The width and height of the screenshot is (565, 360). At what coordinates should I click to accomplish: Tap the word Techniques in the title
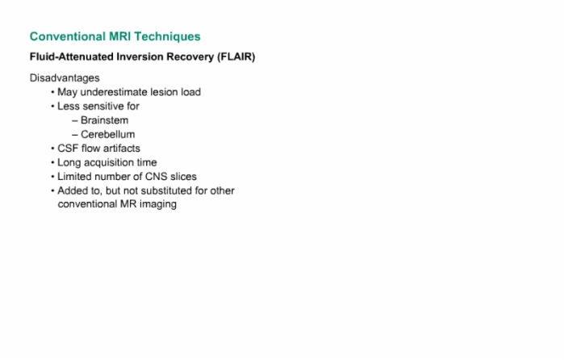point(167,37)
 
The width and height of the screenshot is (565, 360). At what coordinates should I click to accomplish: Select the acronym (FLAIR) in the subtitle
point(236,57)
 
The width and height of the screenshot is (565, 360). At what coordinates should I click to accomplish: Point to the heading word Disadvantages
point(65,78)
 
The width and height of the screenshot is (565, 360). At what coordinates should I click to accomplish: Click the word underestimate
point(114,92)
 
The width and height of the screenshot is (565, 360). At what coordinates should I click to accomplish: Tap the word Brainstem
point(104,120)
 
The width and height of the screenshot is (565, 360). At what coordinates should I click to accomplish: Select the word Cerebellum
point(107,134)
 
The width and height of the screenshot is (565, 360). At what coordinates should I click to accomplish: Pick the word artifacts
point(122,148)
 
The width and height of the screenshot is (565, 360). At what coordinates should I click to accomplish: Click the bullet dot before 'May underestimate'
point(52,92)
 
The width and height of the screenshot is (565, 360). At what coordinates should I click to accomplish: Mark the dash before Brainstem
point(75,121)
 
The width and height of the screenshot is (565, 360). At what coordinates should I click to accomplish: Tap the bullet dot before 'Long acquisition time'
point(52,162)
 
